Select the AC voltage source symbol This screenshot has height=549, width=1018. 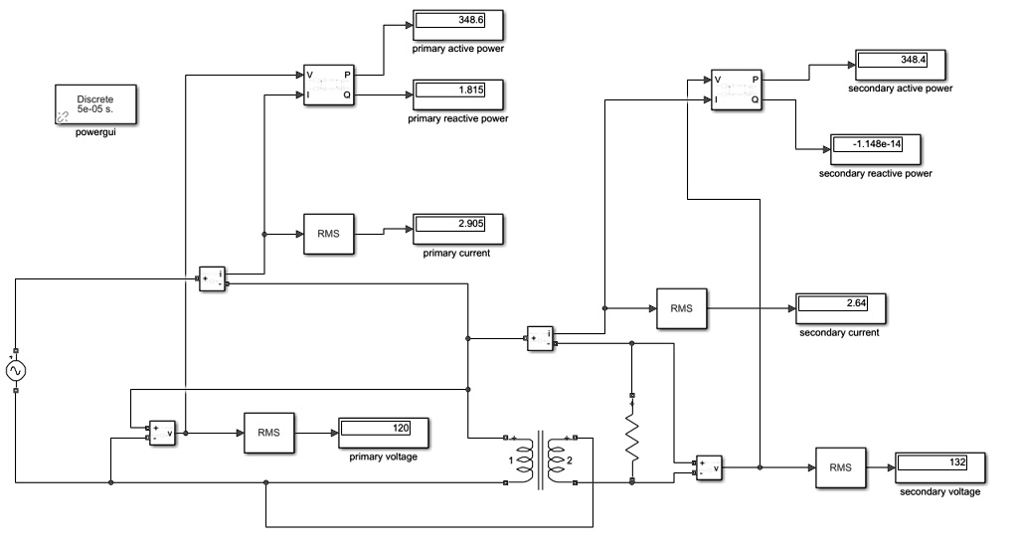pyautogui.click(x=16, y=371)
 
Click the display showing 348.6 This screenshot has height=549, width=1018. pyautogui.click(x=458, y=23)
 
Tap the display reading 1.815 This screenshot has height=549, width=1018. pyautogui.click(x=458, y=93)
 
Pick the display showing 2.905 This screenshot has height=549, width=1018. pyautogui.click(x=457, y=228)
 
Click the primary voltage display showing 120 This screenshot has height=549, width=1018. pyautogui.click(x=384, y=432)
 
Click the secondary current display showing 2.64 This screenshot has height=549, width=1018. pyautogui.click(x=839, y=307)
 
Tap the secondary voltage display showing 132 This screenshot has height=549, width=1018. pyautogui.click(x=939, y=467)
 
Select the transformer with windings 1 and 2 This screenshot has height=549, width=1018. pyautogui.click(x=541, y=459)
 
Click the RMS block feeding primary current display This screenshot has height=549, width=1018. pyautogui.click(x=329, y=234)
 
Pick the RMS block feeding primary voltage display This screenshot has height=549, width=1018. pyautogui.click(x=269, y=433)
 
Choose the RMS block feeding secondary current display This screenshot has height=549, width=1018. pyautogui.click(x=681, y=308)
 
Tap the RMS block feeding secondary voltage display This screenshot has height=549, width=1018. pyautogui.click(x=840, y=467)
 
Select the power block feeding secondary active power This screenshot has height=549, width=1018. pyautogui.click(x=737, y=90)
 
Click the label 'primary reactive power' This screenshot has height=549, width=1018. pyautogui.click(x=458, y=118)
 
